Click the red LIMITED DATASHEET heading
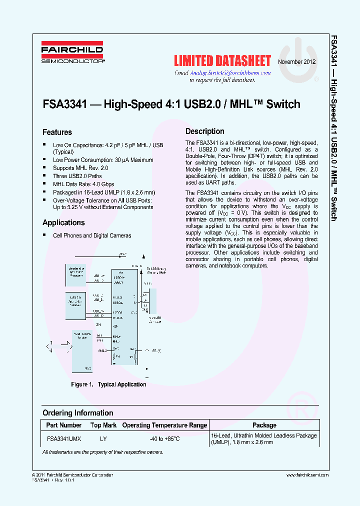222,61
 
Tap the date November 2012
297,62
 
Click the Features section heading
57,132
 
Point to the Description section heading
205,131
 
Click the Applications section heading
63,222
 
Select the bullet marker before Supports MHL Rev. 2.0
45,168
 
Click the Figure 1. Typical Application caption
108,384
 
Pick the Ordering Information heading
77,413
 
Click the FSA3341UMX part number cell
64,437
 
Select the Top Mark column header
103,425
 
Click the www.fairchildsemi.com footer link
307,475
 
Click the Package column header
264,425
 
